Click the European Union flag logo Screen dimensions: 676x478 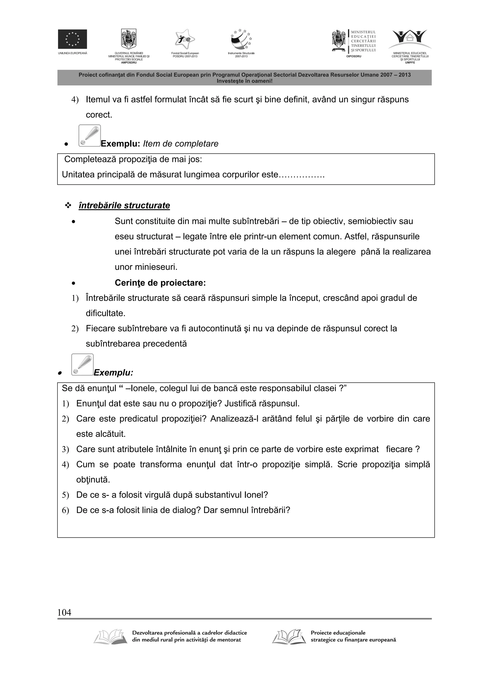(72, 39)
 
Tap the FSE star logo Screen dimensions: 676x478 (185, 39)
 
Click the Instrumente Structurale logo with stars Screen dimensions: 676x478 (241, 39)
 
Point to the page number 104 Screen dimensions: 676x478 (64, 613)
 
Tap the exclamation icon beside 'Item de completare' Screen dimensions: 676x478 (90, 136)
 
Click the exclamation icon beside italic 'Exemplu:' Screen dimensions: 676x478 (82, 364)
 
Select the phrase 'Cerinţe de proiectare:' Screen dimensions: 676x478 (160, 283)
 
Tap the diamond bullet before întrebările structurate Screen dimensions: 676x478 (68, 206)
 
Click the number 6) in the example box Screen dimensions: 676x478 (65, 511)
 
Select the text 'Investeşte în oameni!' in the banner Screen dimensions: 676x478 (244, 81)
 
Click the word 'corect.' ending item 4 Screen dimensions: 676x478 (99, 115)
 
